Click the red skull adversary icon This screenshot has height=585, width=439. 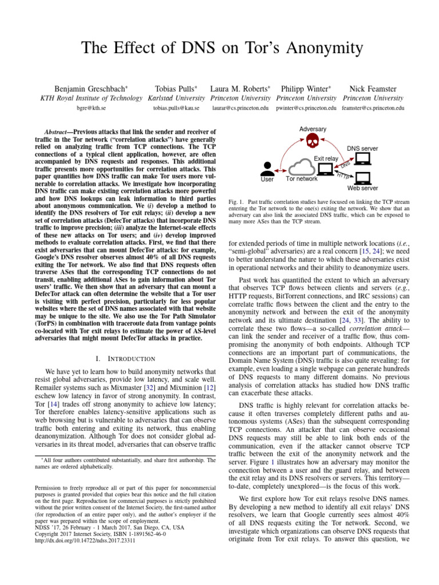click(312, 141)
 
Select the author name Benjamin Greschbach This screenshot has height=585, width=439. click(91, 89)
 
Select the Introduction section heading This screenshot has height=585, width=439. click(124, 358)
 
